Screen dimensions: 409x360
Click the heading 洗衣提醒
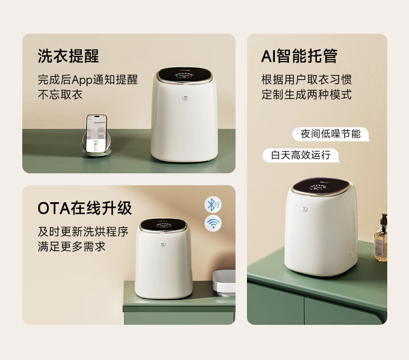pyautogui.click(x=68, y=56)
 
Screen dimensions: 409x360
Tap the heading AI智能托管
pyautogui.click(x=299, y=56)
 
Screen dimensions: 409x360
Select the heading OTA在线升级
pyautogui.click(x=85, y=208)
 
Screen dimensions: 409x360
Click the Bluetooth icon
pyautogui.click(x=213, y=205)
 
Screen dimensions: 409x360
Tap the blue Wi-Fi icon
pyautogui.click(x=213, y=223)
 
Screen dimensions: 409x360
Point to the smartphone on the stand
pyautogui.click(x=96, y=133)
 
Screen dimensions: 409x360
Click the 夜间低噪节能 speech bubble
pyautogui.click(x=331, y=134)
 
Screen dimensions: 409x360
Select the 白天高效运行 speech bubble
pyautogui.click(x=301, y=155)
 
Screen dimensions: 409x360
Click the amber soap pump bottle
pyautogui.click(x=381, y=238)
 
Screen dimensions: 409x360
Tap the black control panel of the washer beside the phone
pyautogui.click(x=184, y=74)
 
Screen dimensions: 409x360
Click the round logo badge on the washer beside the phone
pyautogui.click(x=185, y=98)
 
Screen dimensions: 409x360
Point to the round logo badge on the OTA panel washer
pyautogui.click(x=163, y=244)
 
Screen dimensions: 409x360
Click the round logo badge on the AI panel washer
pyautogui.click(x=304, y=208)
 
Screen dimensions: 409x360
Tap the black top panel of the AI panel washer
pyautogui.click(x=320, y=186)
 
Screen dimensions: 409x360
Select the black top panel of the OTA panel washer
pyautogui.click(x=164, y=224)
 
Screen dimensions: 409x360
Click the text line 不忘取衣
pyautogui.click(x=60, y=94)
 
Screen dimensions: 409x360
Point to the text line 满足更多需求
pyautogui.click(x=72, y=246)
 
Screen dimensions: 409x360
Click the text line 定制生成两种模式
pyautogui.click(x=306, y=94)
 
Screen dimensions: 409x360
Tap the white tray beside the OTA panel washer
pyautogui.click(x=224, y=283)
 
